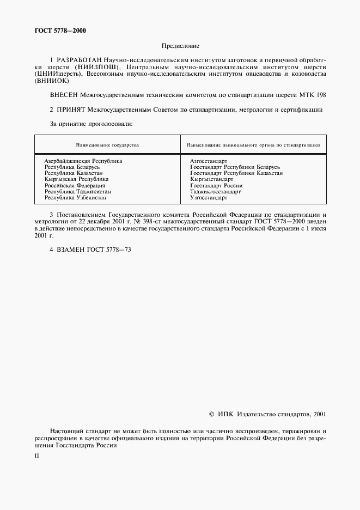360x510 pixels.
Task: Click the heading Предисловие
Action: click(x=180, y=47)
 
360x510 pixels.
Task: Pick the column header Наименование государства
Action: click(x=107, y=145)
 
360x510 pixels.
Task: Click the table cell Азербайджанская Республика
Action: click(x=83, y=161)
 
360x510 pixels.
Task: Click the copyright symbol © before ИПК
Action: click(x=212, y=414)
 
